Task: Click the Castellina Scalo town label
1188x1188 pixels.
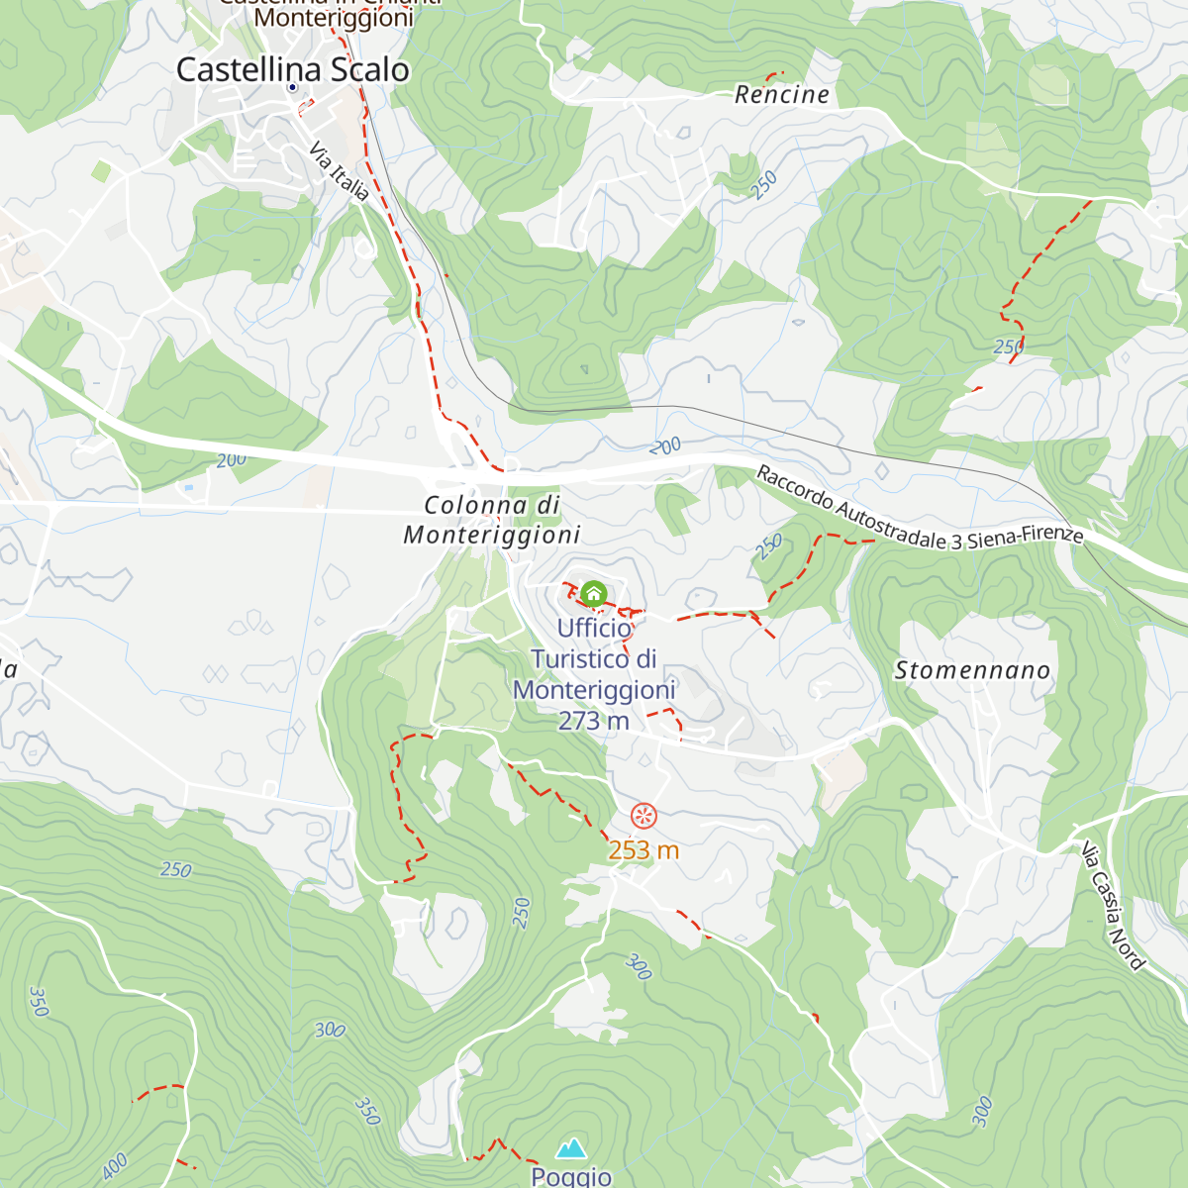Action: point(293,69)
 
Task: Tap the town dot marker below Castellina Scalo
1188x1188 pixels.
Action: point(292,88)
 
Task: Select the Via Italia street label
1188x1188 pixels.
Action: point(340,171)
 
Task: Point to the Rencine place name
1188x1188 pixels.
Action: point(782,95)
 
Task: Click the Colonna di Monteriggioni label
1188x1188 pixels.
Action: point(492,520)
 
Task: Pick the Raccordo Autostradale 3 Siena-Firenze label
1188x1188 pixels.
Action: point(920,507)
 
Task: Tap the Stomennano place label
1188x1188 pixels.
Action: point(972,670)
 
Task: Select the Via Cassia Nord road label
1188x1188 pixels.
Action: point(1113,906)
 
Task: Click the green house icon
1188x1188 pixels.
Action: point(593,593)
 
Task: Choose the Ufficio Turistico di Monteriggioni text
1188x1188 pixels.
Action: point(594,658)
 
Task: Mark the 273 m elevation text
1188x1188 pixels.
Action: point(594,721)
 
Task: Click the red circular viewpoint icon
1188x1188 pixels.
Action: point(643,816)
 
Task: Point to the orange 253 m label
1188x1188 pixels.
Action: point(643,849)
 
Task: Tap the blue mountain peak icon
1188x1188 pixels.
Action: point(570,1148)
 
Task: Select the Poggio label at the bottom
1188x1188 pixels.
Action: point(571,1176)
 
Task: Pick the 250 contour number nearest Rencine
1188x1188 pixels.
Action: point(764,185)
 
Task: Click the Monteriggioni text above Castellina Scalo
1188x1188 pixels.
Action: point(334,18)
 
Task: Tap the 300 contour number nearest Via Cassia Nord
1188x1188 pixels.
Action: point(981,1112)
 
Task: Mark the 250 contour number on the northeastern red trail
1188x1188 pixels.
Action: point(1008,346)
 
